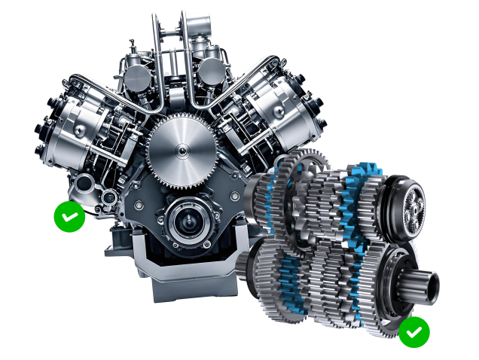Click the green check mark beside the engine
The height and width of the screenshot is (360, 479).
coord(69,217)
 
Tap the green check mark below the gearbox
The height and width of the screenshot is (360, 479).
coord(413,331)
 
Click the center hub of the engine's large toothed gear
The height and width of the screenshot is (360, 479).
coord(181,153)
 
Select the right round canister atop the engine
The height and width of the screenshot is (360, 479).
coord(213,72)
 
